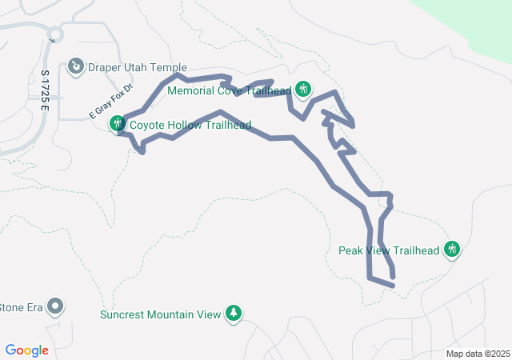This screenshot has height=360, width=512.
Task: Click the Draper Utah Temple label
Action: (x=137, y=68)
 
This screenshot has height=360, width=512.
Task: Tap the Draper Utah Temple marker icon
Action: (x=76, y=65)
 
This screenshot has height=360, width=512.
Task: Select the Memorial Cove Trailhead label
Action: (x=229, y=90)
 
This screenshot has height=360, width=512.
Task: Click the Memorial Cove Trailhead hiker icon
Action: (x=302, y=89)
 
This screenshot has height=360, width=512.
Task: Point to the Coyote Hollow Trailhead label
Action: (x=190, y=125)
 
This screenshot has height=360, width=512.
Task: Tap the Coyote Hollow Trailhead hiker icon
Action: (x=118, y=123)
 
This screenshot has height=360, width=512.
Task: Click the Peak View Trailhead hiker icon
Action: (x=452, y=250)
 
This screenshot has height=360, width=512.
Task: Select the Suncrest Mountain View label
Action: (x=160, y=314)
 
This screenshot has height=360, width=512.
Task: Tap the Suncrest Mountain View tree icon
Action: (x=233, y=313)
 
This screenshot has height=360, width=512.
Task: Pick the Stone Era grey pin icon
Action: (x=55, y=306)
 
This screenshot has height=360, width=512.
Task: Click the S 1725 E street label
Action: (x=46, y=91)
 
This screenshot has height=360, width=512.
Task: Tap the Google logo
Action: (x=27, y=350)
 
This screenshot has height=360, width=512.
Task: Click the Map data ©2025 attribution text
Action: (x=478, y=354)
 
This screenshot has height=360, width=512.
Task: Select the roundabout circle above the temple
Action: (x=55, y=34)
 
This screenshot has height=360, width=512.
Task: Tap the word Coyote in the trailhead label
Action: (x=147, y=125)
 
